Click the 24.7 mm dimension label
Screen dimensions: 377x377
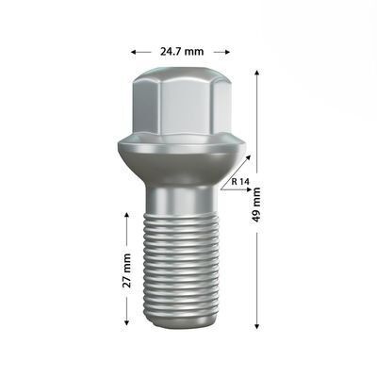(x=181, y=51)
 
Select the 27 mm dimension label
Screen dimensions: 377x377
(x=127, y=269)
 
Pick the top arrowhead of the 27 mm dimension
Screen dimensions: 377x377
(x=127, y=215)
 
